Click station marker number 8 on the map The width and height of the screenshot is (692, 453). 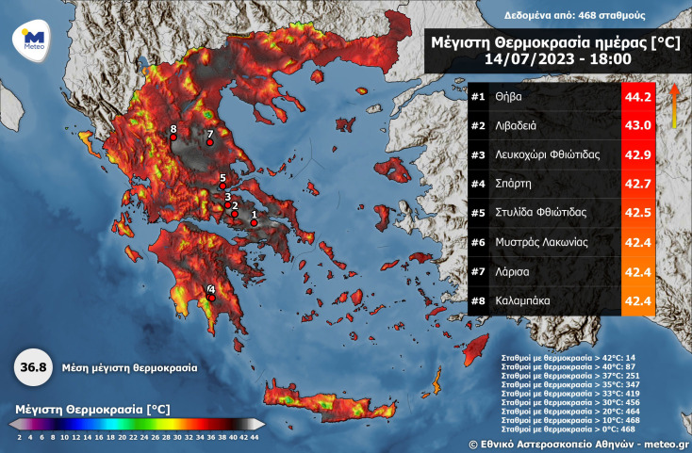[x=173, y=138]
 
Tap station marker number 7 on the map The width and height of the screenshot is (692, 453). [x=210, y=142]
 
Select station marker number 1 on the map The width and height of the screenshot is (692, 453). [x=253, y=222]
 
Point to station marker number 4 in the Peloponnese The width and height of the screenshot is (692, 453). [x=211, y=297]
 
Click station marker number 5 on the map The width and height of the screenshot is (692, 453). [x=222, y=186]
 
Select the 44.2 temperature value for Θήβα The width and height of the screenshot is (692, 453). [x=638, y=97]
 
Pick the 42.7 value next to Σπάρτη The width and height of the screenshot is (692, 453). [x=638, y=184]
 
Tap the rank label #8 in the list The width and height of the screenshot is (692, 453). [x=478, y=300]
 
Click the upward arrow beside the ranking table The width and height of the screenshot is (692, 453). [x=674, y=104]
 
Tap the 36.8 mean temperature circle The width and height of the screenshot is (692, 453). [x=31, y=368]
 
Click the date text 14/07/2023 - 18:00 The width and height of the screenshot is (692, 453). [x=557, y=59]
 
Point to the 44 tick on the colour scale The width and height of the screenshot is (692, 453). [x=254, y=437]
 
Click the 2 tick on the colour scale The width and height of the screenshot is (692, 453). [x=19, y=437]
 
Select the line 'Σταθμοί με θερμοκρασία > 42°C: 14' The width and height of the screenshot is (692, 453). [x=565, y=359]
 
